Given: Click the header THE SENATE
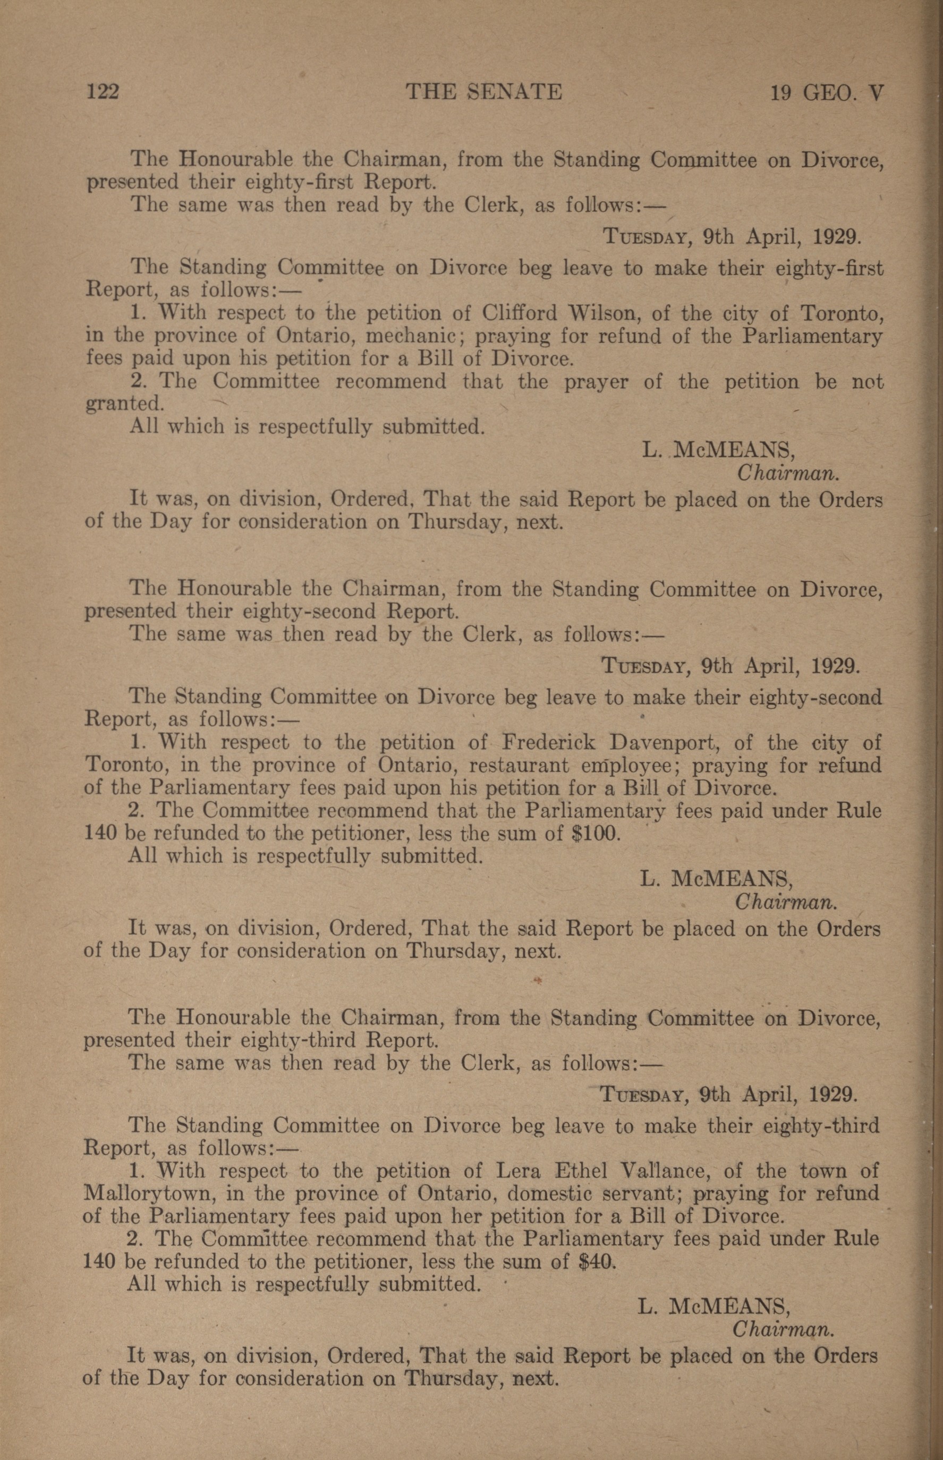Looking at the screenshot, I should (x=484, y=92).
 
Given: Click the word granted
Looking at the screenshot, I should (x=124, y=404).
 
